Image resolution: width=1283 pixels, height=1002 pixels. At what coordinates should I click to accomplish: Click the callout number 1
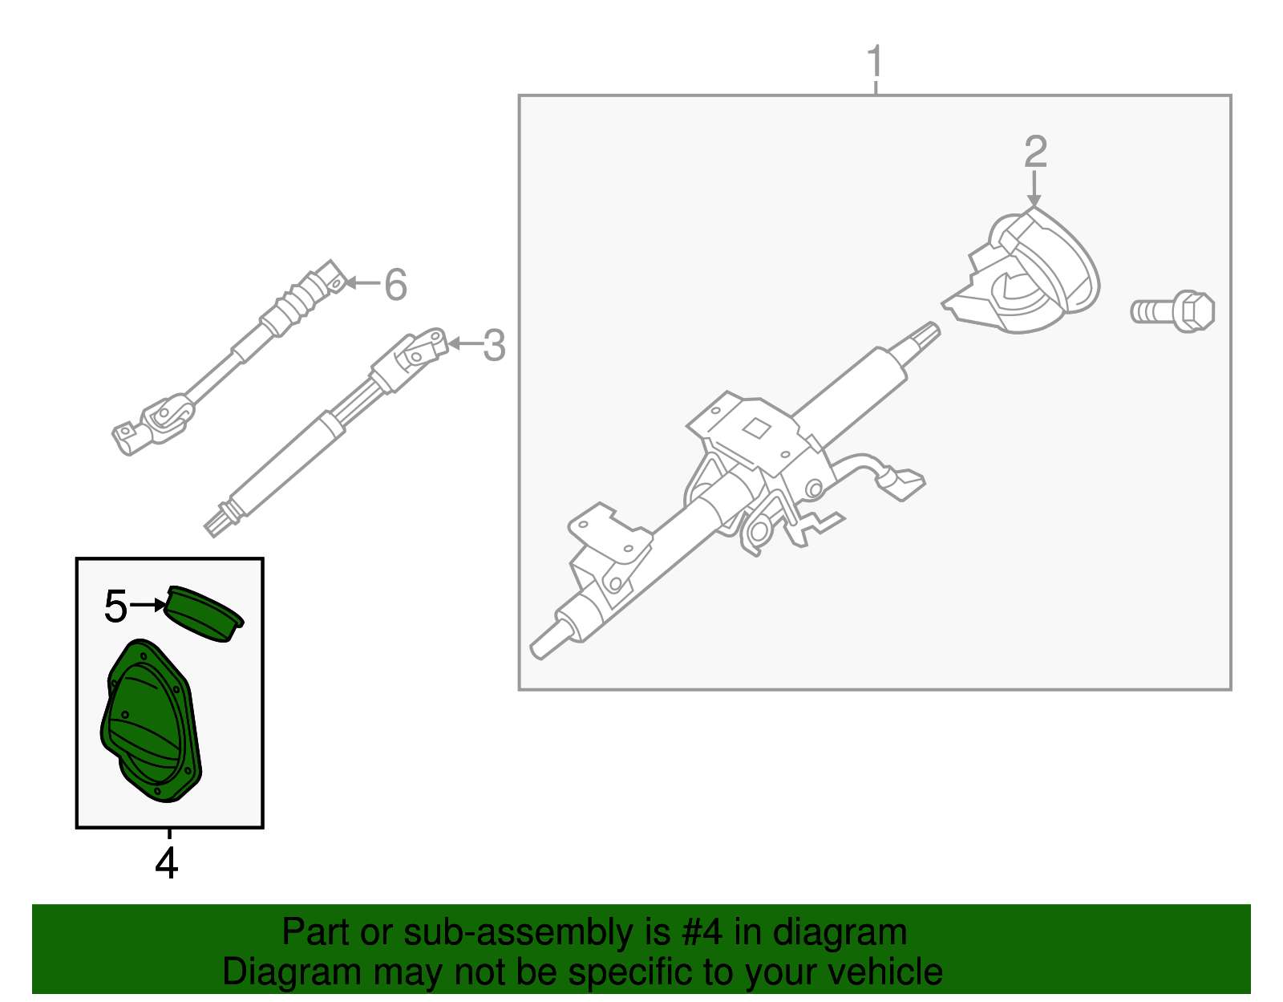coord(875,62)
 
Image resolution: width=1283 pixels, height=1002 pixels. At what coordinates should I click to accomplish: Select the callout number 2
coord(1035,151)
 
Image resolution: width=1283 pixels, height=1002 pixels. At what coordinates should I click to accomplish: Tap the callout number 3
coord(494,346)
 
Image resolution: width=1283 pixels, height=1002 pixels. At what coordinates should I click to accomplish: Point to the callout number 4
coord(167,863)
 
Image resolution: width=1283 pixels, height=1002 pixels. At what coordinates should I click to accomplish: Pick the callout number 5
coord(115,606)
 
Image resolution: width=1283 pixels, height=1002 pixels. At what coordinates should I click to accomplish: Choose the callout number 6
coord(395,284)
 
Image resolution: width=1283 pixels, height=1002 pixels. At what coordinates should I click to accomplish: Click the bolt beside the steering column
coord(1172,311)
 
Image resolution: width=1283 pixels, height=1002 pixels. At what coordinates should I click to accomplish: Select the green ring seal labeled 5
coord(204,614)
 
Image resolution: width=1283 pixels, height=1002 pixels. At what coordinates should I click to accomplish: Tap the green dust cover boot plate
coord(151,721)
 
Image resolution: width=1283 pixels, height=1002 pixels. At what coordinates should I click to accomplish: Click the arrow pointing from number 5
coord(148,605)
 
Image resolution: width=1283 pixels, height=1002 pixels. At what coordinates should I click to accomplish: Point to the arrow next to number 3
coord(464,343)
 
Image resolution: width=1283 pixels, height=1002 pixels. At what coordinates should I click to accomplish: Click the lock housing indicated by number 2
coord(1022,270)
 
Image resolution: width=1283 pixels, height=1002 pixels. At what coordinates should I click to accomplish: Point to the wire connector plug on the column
coord(903,485)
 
